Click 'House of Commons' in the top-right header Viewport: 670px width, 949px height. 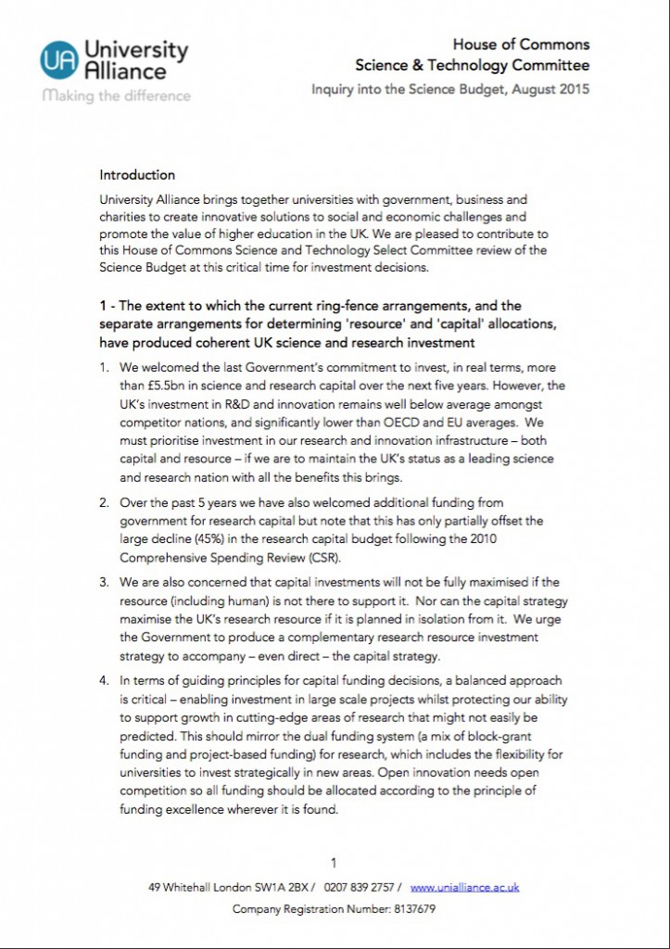tap(521, 44)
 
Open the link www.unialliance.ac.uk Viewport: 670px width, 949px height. tap(464, 887)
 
